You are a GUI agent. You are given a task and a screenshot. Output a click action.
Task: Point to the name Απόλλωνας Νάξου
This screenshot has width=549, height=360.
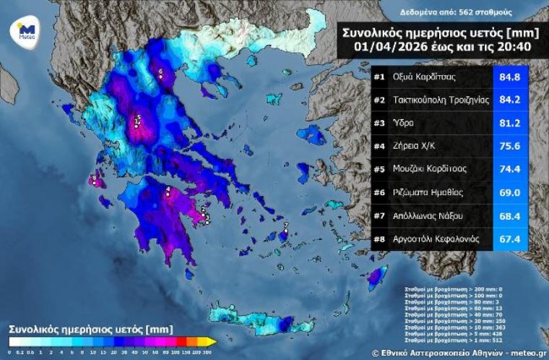click(x=427, y=215)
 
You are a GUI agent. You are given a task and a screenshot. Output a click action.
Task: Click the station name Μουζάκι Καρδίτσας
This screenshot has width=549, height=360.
click(x=429, y=168)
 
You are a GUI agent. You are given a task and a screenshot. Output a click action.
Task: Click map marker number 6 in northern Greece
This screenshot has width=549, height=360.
click(x=160, y=72)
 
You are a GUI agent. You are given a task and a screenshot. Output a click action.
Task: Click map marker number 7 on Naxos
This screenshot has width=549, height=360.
click(x=285, y=226)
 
